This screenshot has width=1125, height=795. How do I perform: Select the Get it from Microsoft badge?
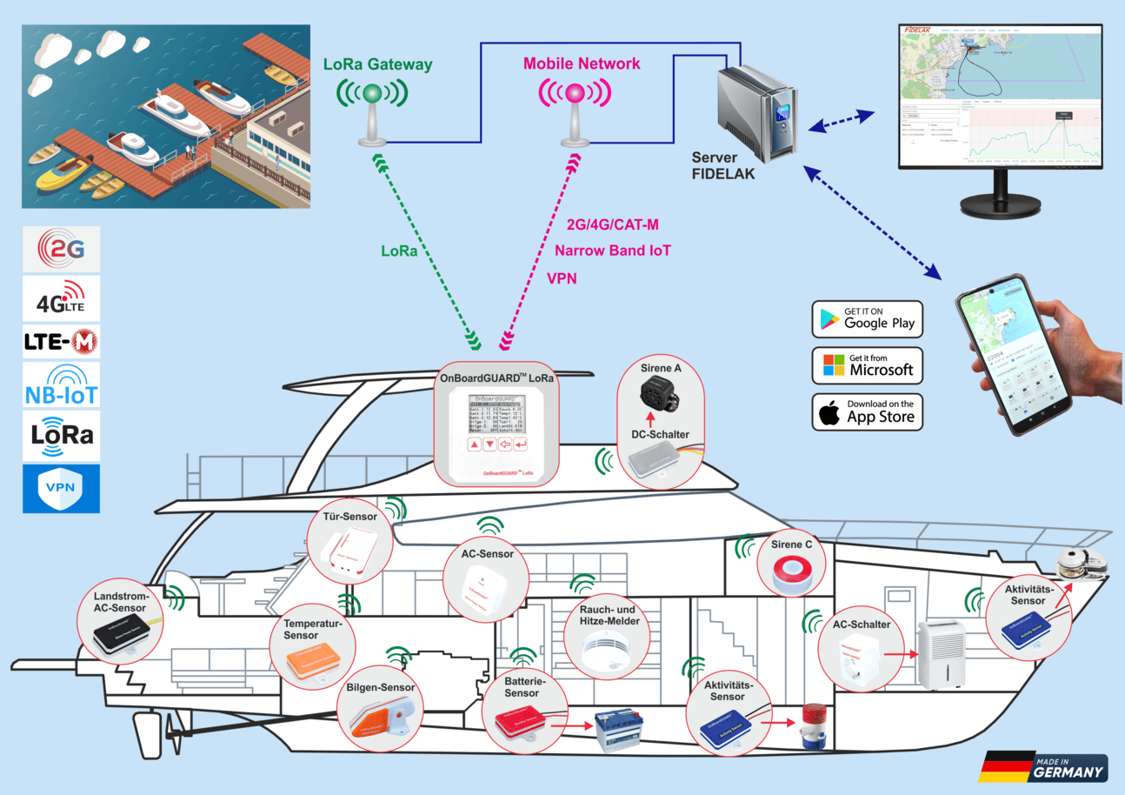click(866, 365)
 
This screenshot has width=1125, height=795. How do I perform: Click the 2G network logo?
click(61, 250)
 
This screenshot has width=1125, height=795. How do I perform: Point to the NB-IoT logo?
click(61, 385)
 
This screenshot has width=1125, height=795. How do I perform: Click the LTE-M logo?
click(61, 341)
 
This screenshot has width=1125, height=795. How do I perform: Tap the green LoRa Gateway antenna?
click(373, 109)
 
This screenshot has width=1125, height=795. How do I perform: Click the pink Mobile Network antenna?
click(574, 109)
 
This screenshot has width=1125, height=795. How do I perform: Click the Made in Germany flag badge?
click(1043, 767)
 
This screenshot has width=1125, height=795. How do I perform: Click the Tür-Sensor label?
click(349, 517)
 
